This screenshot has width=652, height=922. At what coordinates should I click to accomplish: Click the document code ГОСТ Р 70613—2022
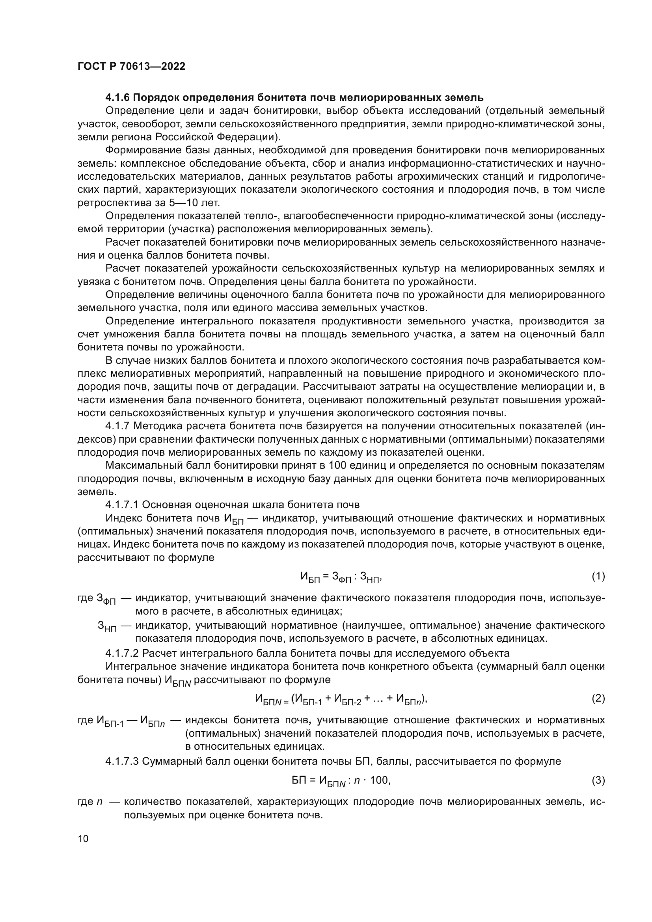pos(131,66)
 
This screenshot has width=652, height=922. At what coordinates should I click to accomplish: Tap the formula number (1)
pos(598,577)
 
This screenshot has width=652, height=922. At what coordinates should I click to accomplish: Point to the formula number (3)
pos(598,780)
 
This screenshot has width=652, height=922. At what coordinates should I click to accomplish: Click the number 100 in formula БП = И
pos(379,780)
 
